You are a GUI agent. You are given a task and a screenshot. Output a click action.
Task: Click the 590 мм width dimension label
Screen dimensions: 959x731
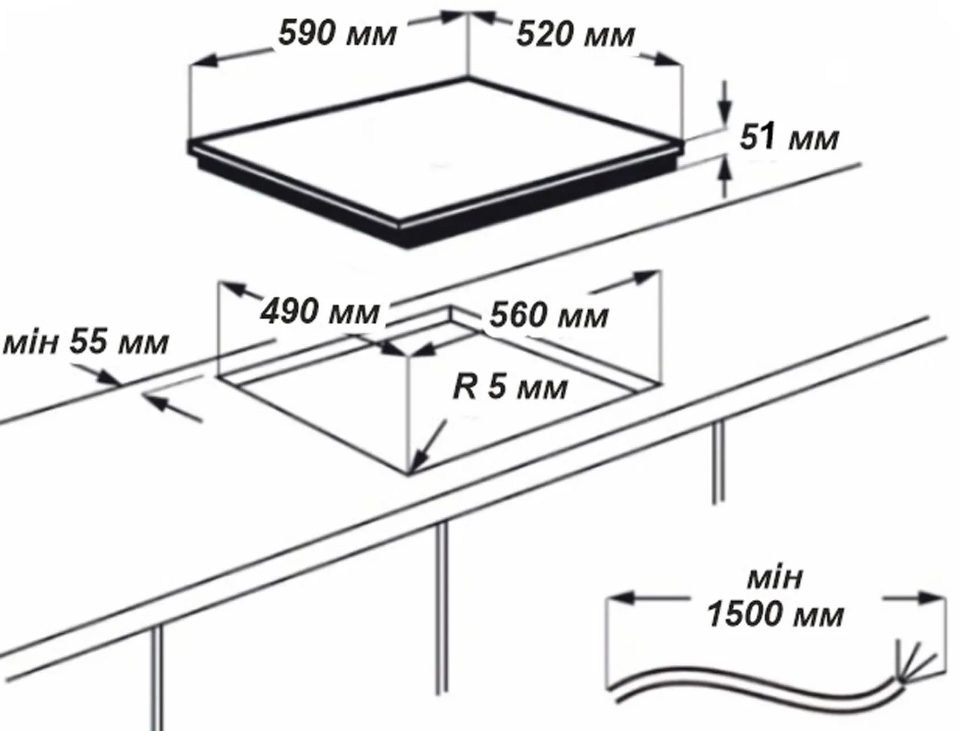tap(338, 35)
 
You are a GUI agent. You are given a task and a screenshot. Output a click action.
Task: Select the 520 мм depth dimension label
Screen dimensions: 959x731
tap(575, 35)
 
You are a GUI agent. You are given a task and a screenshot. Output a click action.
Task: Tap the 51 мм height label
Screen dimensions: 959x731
tap(789, 138)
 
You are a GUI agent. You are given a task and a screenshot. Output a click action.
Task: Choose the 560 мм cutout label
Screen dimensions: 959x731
tap(549, 315)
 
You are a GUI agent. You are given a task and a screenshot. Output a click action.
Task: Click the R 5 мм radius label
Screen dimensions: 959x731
tap(510, 387)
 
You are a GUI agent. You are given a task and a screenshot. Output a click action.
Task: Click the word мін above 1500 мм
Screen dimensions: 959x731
tap(775, 578)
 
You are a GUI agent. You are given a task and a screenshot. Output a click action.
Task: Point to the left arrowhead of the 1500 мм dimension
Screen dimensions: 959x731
tap(621, 598)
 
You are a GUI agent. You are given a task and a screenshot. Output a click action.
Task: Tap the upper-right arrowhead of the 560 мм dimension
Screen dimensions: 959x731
tap(646, 278)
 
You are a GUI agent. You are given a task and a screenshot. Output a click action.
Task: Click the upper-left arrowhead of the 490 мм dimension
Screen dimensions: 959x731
tap(231, 289)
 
